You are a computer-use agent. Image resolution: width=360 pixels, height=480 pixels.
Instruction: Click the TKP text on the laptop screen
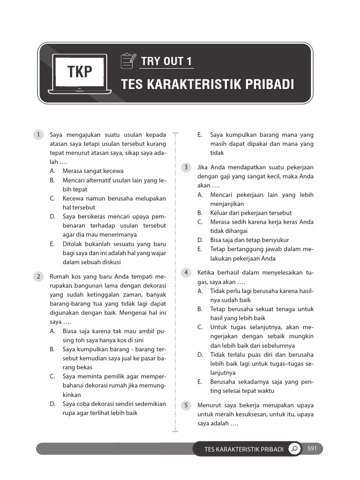pos(80,72)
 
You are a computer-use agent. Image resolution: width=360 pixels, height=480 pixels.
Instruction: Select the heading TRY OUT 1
pos(166,61)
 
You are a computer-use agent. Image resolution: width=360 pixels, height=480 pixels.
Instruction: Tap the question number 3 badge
pos(186,167)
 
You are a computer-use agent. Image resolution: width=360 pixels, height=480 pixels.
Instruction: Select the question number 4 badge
pos(186,272)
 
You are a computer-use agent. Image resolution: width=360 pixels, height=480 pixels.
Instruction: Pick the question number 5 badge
pos(186,405)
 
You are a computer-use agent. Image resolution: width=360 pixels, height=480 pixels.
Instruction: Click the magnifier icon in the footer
pos(294,449)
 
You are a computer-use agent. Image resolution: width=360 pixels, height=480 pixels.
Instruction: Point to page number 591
pos(312,449)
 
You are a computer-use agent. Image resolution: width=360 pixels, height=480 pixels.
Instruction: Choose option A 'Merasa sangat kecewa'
pos(93,171)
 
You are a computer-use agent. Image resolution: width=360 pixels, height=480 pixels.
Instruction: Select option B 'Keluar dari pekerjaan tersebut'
pos(251,213)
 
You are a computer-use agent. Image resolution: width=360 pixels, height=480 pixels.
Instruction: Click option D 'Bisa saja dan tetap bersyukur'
pos(249,240)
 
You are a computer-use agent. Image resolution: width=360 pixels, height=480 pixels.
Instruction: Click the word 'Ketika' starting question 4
pos(207,273)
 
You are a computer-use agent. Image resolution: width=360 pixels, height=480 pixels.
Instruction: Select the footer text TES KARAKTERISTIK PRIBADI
pos(244,450)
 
